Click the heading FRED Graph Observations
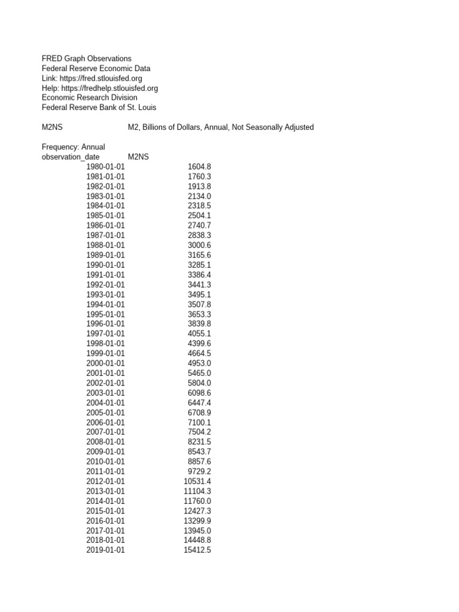(x=87, y=59)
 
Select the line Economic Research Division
(x=90, y=97)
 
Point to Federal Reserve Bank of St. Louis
(x=99, y=108)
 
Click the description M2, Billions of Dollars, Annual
(x=221, y=127)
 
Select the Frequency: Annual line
(x=74, y=147)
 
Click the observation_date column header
(x=71, y=157)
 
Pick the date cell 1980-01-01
(x=106, y=167)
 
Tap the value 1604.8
(x=199, y=167)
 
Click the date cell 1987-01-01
(x=106, y=235)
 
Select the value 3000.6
(x=199, y=245)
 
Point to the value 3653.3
(x=199, y=314)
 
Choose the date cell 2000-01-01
(x=106, y=363)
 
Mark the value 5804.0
(x=199, y=382)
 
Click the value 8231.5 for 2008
(x=199, y=442)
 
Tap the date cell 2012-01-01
(x=106, y=481)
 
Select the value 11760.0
(x=197, y=501)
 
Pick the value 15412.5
(x=197, y=550)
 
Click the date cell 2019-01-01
(x=106, y=550)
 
